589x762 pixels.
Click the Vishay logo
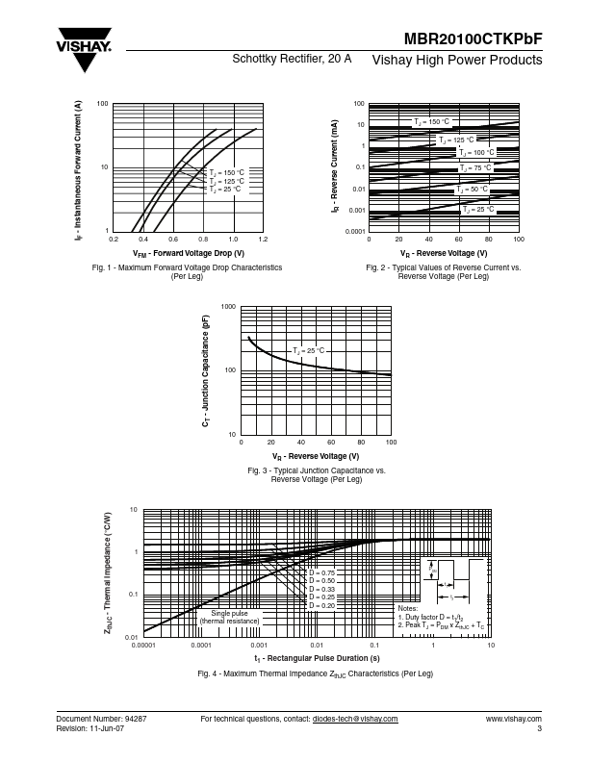[85, 53]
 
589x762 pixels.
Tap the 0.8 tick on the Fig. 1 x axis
[202, 238]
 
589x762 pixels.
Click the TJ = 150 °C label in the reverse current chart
[432, 122]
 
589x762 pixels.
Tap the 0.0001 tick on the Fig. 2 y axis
[356, 232]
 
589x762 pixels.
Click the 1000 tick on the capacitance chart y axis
[228, 307]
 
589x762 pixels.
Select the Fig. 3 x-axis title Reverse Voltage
[315, 456]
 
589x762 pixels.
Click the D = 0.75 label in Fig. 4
[321, 572]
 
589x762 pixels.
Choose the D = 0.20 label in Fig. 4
[321, 605]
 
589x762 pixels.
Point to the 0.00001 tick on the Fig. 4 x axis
[143, 645]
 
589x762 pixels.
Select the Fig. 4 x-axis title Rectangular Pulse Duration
[317, 658]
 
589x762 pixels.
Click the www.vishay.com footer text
[514, 719]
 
